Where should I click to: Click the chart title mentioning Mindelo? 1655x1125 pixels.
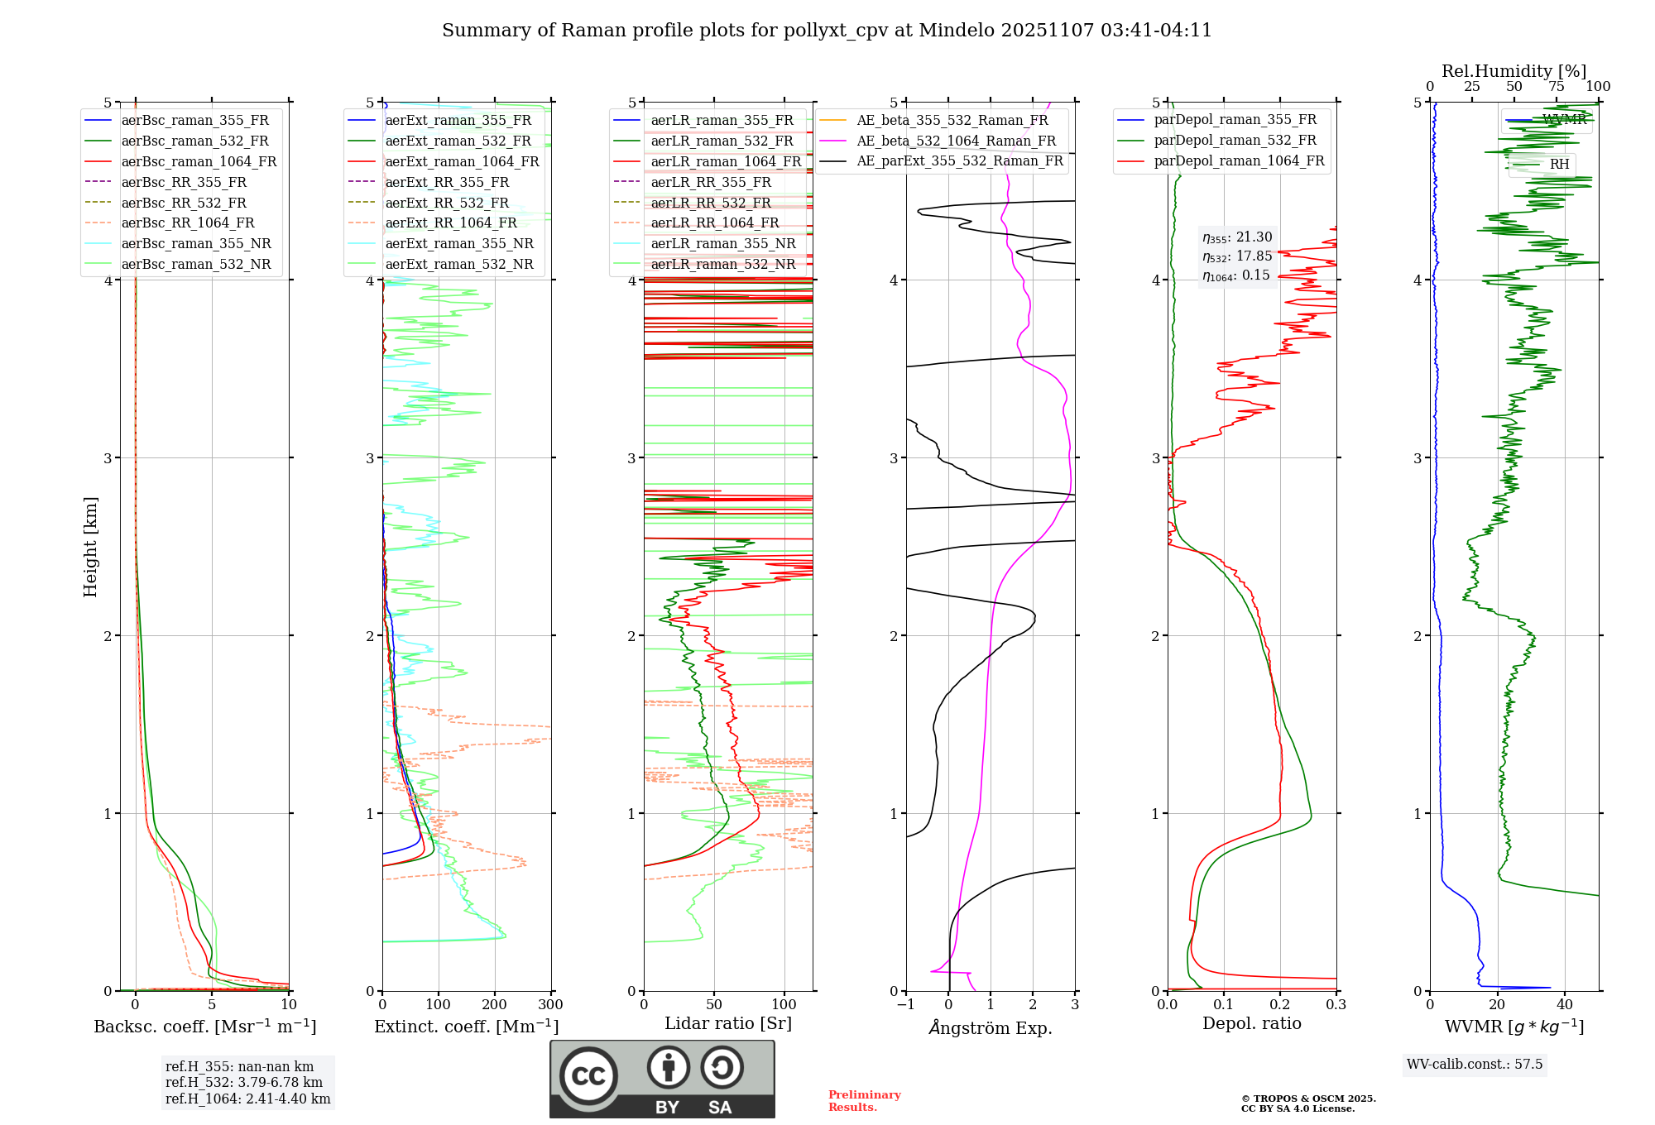point(827,31)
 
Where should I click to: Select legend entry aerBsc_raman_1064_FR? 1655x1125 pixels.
point(199,161)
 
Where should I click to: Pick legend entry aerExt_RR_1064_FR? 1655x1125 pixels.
point(451,223)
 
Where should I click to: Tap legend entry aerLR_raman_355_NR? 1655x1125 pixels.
point(722,243)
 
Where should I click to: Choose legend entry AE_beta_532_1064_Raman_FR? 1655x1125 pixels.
point(956,141)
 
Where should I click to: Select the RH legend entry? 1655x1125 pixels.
point(1559,164)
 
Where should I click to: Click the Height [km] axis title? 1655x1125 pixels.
point(90,547)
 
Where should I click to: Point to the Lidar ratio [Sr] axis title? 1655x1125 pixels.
point(728,1023)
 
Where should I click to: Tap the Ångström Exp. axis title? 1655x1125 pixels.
point(991,1027)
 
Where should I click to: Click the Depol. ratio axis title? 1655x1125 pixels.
point(1251,1023)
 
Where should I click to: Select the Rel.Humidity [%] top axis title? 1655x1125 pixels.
point(1513,71)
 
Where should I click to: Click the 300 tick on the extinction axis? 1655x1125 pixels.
point(550,1004)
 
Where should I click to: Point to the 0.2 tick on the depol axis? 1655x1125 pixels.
point(1279,1004)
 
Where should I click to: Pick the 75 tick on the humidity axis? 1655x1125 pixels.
point(1556,86)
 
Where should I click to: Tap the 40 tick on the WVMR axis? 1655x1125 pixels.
point(1564,1004)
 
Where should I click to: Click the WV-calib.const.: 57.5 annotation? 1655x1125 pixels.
point(1475,1064)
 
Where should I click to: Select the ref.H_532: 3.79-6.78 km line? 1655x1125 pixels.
point(244,1082)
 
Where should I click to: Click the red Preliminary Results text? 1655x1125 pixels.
point(864,1100)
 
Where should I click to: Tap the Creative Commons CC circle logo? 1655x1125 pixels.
point(588,1076)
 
